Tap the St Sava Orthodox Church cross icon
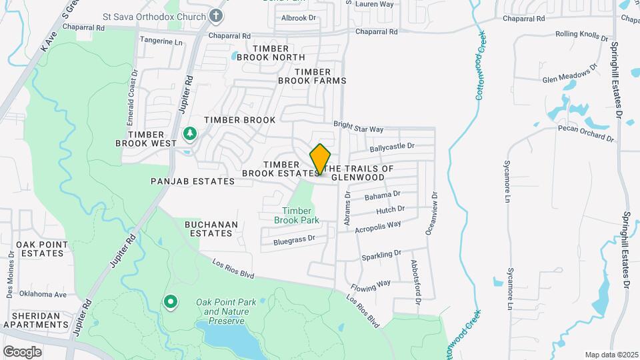pos(216,15)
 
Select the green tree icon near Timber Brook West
pos(190,134)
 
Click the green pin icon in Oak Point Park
pos(170,303)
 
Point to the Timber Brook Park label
pos(297,215)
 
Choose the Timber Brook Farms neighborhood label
pos(312,76)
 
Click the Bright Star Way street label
pos(359,127)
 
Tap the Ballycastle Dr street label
pos(392,145)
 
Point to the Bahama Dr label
pos(382,195)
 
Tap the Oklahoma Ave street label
pos(43,294)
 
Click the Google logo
pos(22,351)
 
